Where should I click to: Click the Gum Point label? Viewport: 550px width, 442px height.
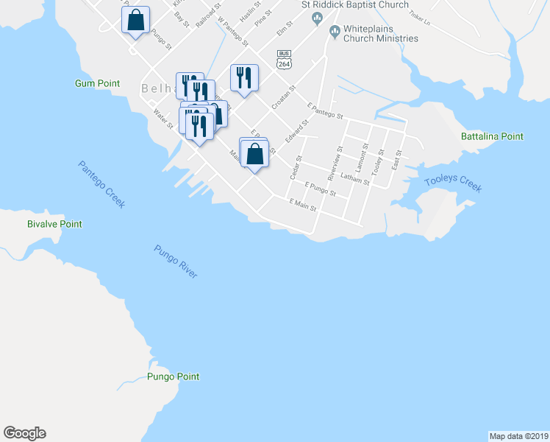[x=97, y=84]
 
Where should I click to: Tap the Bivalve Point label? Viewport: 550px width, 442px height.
[x=54, y=224]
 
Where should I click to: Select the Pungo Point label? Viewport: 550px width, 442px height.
[x=173, y=376]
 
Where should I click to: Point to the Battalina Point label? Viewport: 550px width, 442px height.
[x=492, y=136]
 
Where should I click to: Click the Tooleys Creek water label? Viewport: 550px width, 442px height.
[x=453, y=185]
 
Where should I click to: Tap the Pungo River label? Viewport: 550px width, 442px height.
[x=176, y=261]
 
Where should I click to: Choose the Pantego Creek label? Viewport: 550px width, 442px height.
[x=101, y=184]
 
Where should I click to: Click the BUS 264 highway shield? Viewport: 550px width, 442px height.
[x=284, y=60]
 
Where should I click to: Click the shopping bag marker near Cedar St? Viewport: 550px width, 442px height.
[x=254, y=154]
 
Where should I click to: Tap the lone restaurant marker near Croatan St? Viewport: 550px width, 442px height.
[x=244, y=77]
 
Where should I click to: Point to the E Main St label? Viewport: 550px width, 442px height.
[x=302, y=204]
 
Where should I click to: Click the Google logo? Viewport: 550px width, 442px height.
[x=24, y=433]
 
